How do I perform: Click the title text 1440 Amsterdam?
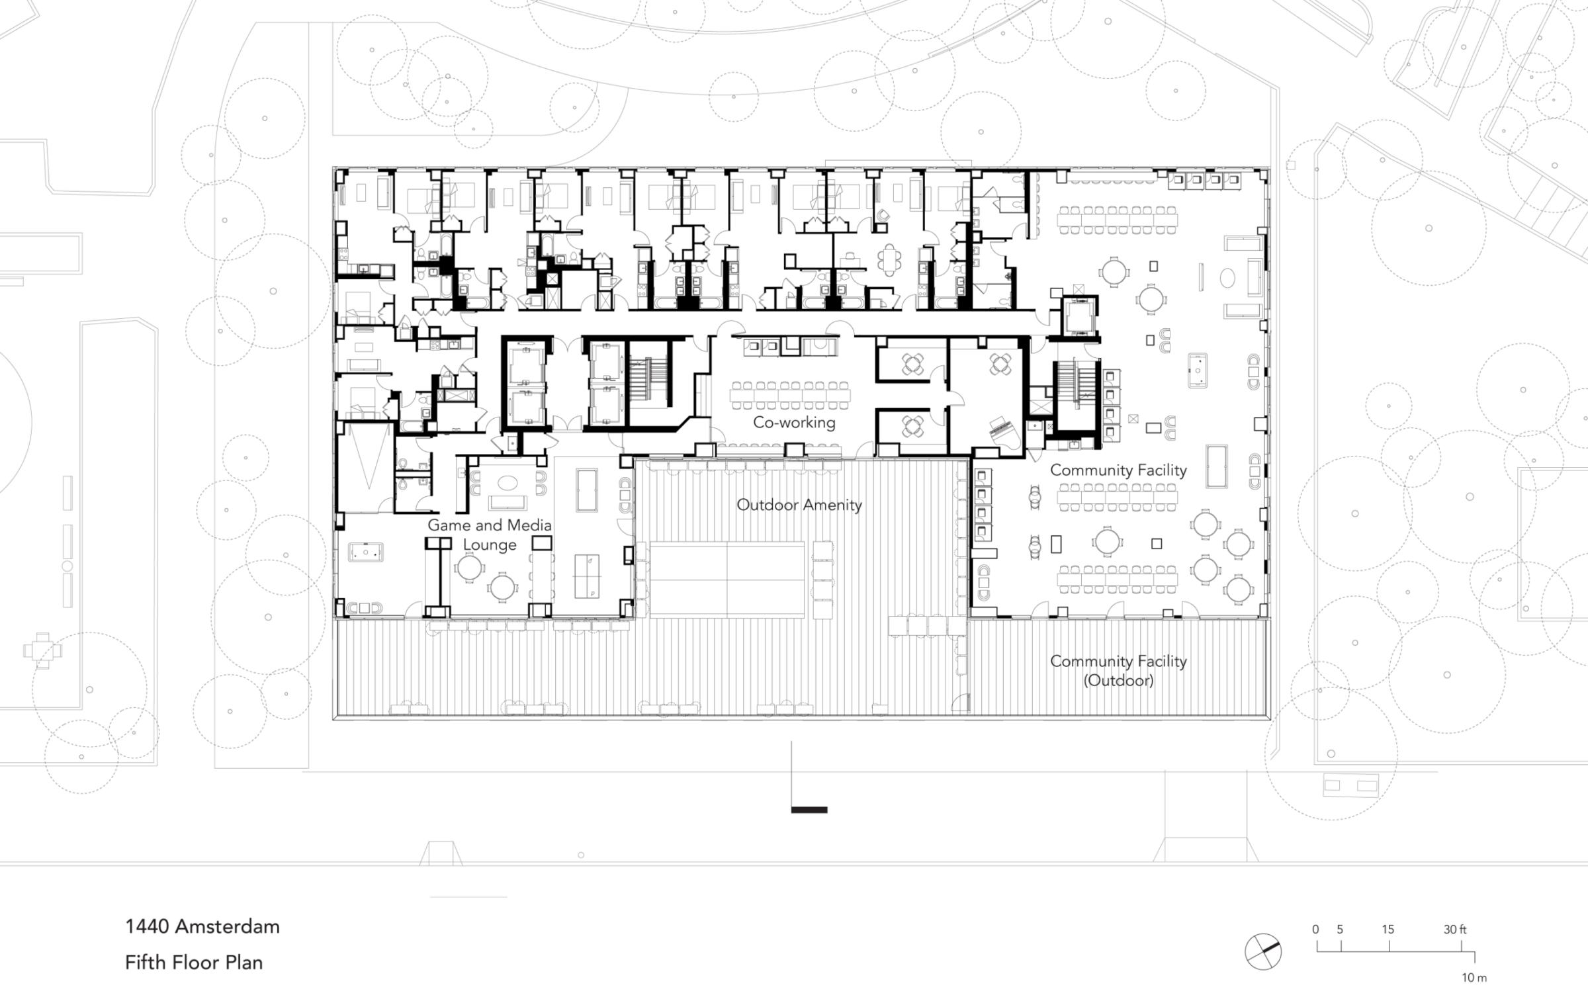pyautogui.click(x=202, y=926)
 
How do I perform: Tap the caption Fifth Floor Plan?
pyautogui.click(x=194, y=962)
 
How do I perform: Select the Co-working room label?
pyautogui.click(x=794, y=422)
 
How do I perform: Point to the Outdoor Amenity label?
pyautogui.click(x=799, y=505)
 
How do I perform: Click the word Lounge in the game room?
pyautogui.click(x=490, y=545)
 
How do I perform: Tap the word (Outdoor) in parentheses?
pyautogui.click(x=1118, y=680)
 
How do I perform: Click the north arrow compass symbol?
pyautogui.click(x=1263, y=951)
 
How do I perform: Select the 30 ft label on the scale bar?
pyautogui.click(x=1455, y=930)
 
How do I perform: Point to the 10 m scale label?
pyautogui.click(x=1474, y=978)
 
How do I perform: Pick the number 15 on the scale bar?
pyautogui.click(x=1388, y=930)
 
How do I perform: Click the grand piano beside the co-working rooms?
pyautogui.click(x=1005, y=433)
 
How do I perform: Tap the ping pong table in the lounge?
pyautogui.click(x=586, y=575)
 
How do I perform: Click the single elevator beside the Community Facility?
pyautogui.click(x=1080, y=317)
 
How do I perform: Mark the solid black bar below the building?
pyautogui.click(x=809, y=810)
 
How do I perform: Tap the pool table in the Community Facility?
pyautogui.click(x=1216, y=466)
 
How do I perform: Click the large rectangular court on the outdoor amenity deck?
pyautogui.click(x=727, y=580)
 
